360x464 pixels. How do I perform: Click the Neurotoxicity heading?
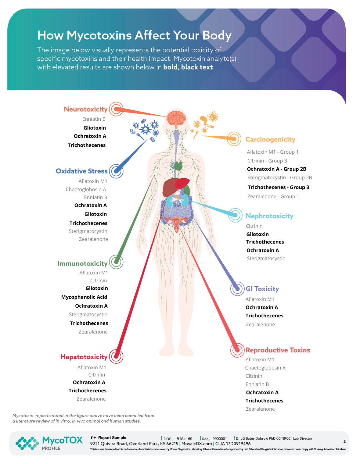point(86,109)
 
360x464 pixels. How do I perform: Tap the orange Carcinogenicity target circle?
point(234,139)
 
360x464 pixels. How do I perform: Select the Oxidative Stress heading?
point(82,171)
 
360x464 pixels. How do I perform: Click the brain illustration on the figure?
point(176,118)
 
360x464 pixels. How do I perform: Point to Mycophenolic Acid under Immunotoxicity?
point(84,297)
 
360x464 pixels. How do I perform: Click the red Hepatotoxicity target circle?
point(116,356)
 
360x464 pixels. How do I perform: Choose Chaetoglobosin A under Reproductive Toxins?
point(265,368)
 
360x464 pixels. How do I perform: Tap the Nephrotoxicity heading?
point(269,216)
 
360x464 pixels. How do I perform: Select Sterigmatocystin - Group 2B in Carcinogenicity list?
point(279,177)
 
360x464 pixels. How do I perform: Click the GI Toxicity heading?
point(262,289)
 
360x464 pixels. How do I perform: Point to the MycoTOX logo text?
point(62,440)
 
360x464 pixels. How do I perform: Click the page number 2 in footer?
point(344,441)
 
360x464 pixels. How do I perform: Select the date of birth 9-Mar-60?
point(185,439)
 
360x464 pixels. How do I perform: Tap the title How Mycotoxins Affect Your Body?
point(134,35)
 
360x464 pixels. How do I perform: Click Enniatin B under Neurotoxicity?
point(94,119)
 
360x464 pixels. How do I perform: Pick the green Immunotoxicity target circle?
point(116,262)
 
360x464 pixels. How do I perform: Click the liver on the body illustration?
point(171,187)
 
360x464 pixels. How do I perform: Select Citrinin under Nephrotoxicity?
point(254,226)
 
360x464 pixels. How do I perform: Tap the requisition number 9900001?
point(220,439)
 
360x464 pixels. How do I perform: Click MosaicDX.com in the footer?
point(196,444)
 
